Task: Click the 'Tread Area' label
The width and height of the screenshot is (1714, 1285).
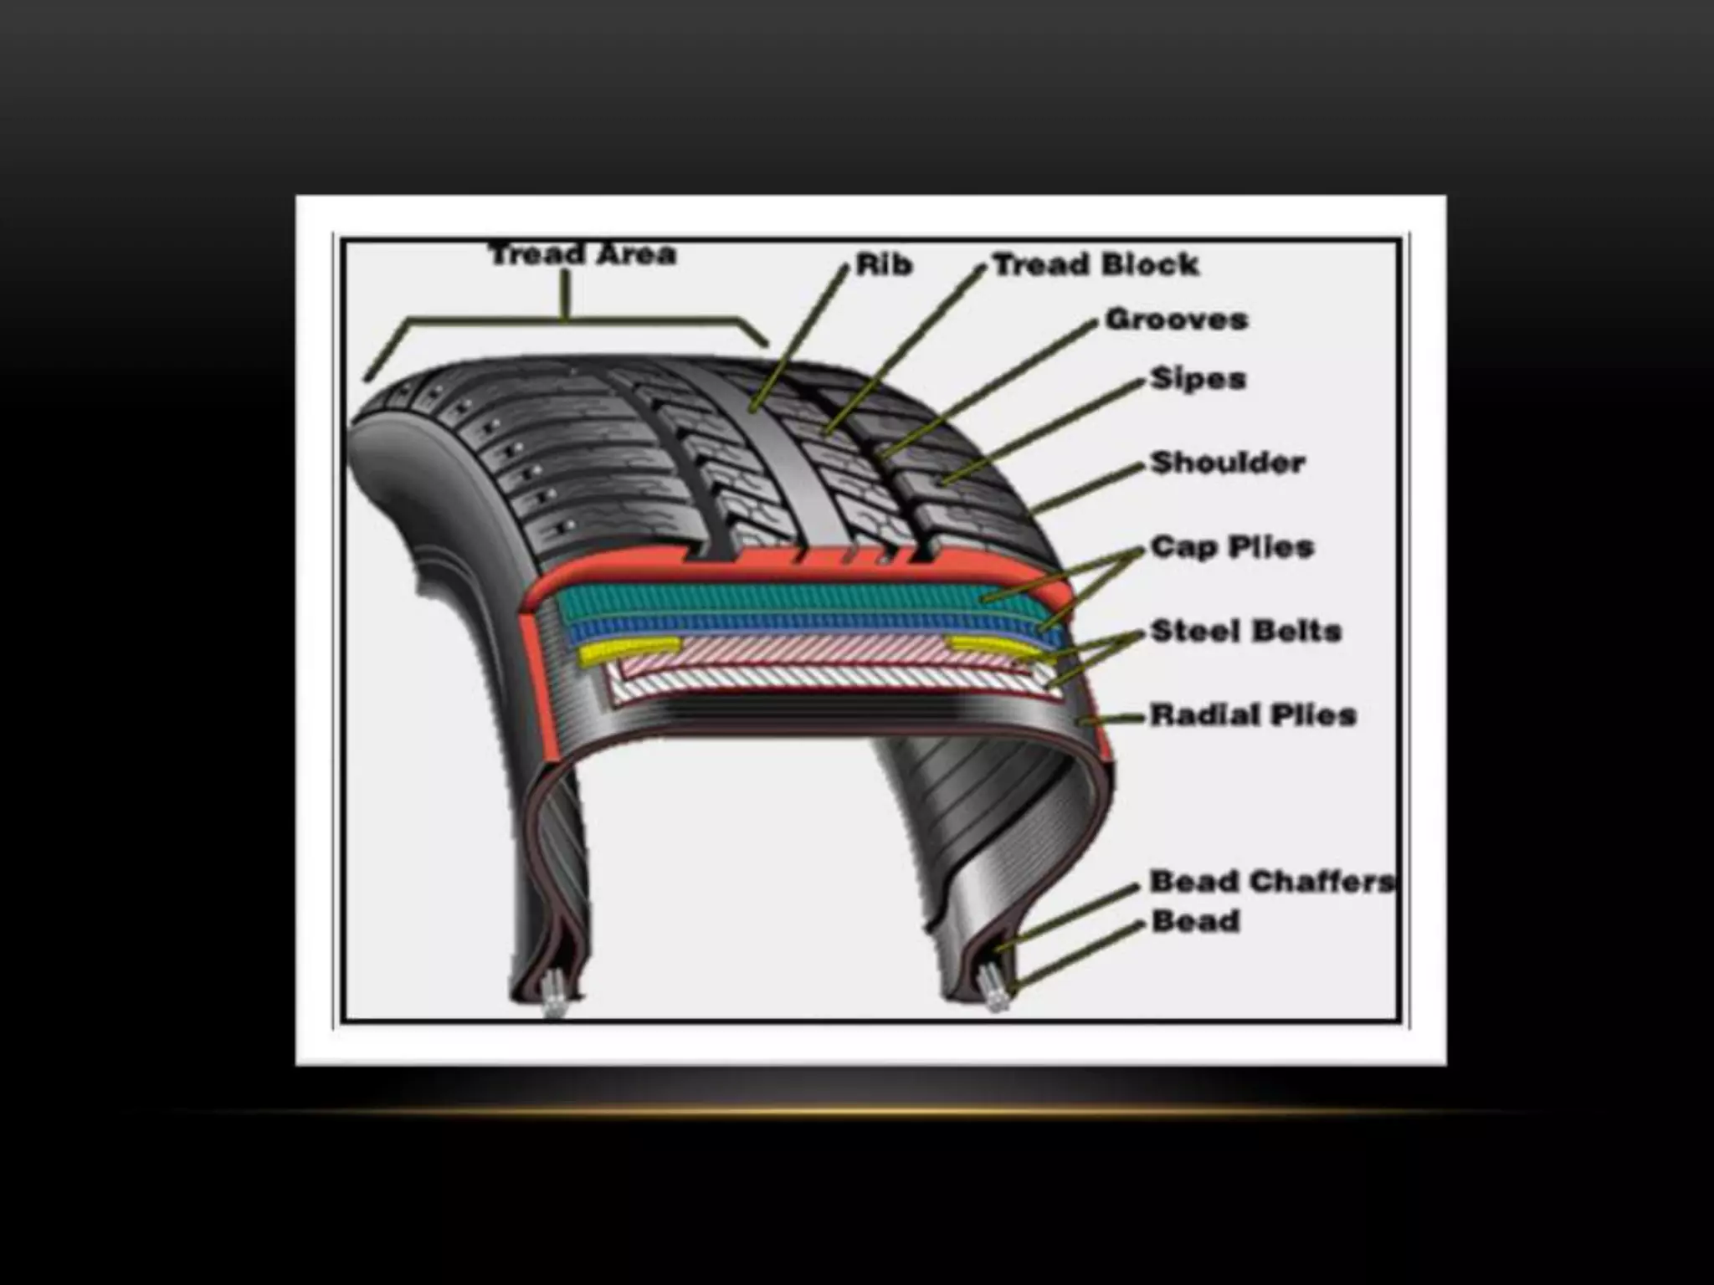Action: click(x=582, y=254)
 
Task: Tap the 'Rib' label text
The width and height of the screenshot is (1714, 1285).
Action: click(x=884, y=266)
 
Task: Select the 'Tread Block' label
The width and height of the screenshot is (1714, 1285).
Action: click(x=1096, y=265)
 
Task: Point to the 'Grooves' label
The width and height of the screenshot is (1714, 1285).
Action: click(x=1177, y=320)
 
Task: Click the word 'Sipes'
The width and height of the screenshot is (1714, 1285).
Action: click(x=1198, y=379)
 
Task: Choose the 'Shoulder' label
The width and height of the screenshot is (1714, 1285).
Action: click(x=1228, y=463)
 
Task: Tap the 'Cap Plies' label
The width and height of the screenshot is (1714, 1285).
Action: click(x=1232, y=547)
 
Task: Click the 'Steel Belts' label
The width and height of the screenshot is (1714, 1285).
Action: click(x=1246, y=631)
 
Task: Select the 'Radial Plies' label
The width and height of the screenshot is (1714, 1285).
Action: click(x=1253, y=715)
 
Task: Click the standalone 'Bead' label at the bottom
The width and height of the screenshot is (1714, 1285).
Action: click(x=1195, y=922)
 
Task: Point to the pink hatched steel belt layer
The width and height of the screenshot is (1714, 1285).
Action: click(x=820, y=649)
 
